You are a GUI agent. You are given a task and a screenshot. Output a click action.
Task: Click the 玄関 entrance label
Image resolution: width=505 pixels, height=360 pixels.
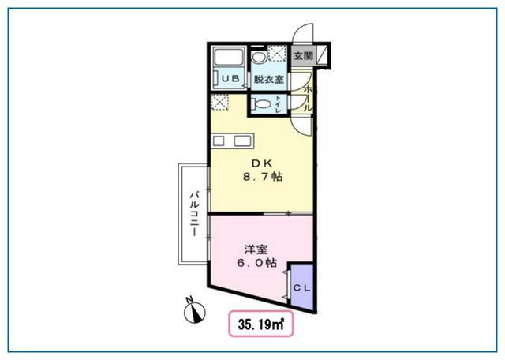click(303, 56)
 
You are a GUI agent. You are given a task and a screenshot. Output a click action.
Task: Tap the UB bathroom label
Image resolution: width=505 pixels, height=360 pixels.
click(230, 78)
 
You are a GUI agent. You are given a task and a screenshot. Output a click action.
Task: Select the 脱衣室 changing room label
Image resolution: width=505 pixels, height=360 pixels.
click(269, 79)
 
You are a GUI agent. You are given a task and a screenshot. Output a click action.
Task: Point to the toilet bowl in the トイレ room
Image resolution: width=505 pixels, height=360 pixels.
click(262, 104)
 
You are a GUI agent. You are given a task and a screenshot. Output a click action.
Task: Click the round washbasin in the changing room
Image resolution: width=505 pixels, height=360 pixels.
click(259, 58)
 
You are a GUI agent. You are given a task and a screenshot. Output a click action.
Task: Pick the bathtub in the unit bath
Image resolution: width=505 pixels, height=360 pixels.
click(229, 58)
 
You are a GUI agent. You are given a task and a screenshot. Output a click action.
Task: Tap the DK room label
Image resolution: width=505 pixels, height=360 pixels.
click(262, 163)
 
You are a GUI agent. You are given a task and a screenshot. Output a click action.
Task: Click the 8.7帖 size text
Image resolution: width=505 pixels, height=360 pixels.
click(263, 177)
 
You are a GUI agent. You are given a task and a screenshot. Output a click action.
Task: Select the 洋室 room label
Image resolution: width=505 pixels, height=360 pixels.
click(256, 249)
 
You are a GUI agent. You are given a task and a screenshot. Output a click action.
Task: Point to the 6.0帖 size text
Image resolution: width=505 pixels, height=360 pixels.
click(256, 263)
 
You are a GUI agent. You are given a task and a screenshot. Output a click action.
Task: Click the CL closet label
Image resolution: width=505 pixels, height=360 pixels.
click(301, 288)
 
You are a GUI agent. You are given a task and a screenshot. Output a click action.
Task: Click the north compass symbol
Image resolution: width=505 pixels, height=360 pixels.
click(195, 311)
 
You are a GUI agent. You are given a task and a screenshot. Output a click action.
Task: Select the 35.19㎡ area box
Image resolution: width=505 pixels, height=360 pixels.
click(261, 324)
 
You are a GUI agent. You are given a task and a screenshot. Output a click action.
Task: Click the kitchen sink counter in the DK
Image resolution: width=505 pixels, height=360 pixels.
click(233, 141)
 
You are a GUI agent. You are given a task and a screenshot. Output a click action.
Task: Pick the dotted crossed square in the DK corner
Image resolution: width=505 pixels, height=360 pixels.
click(219, 103)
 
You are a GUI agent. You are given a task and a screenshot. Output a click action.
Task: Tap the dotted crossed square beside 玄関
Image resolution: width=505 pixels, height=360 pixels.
click(277, 53)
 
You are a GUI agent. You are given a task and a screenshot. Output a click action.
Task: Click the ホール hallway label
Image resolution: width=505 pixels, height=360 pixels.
click(308, 98)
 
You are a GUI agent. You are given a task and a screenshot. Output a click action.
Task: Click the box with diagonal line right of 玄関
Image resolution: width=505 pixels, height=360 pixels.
click(323, 54)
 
